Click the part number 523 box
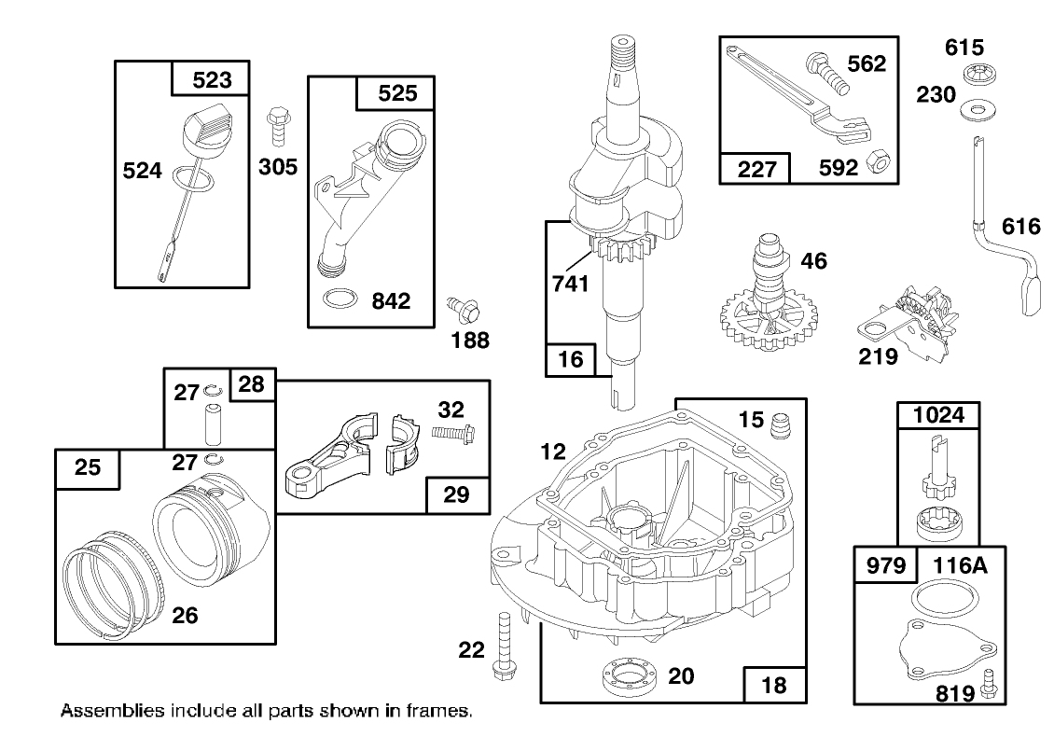[212, 81]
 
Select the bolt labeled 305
[276, 125]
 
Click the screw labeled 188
[459, 305]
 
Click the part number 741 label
[569, 284]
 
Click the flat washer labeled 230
[977, 111]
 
